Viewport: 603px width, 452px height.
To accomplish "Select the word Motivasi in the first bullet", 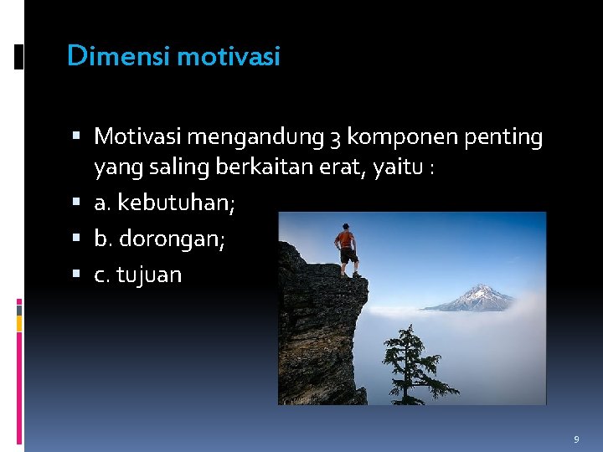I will [139, 136].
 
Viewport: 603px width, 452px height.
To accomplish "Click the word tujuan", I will [149, 275].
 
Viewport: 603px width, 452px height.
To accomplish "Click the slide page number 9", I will [576, 439].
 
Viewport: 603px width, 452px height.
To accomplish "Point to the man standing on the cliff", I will [345, 249].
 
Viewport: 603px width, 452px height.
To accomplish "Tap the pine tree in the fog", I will [410, 364].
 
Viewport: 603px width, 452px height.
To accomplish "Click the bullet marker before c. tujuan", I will [77, 275].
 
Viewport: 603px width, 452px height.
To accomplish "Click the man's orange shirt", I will [345, 239].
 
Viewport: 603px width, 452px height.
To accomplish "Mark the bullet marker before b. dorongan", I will [77, 239].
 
